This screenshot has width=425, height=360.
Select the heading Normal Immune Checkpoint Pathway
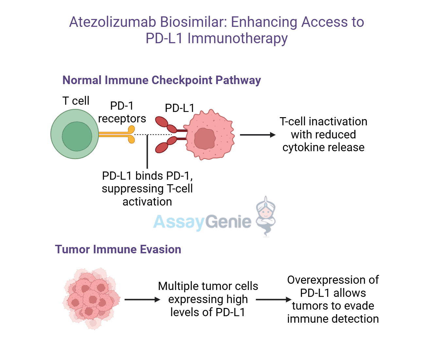tap(161, 80)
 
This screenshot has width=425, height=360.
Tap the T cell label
tap(76, 101)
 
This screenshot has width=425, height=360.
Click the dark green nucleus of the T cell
tap(77, 136)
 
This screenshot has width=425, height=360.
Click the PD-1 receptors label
tap(122, 112)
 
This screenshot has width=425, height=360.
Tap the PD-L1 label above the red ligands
tap(179, 108)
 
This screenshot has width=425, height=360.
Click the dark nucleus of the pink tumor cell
tap(205, 138)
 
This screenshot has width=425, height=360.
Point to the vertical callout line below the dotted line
tap(147, 152)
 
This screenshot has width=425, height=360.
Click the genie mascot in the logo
tap(265, 214)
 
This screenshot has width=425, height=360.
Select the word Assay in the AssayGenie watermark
tap(178, 222)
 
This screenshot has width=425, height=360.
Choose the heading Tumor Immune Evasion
tap(118, 249)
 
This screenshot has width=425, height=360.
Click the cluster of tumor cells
tap(91, 298)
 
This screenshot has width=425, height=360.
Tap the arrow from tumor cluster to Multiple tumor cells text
tap(142, 299)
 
